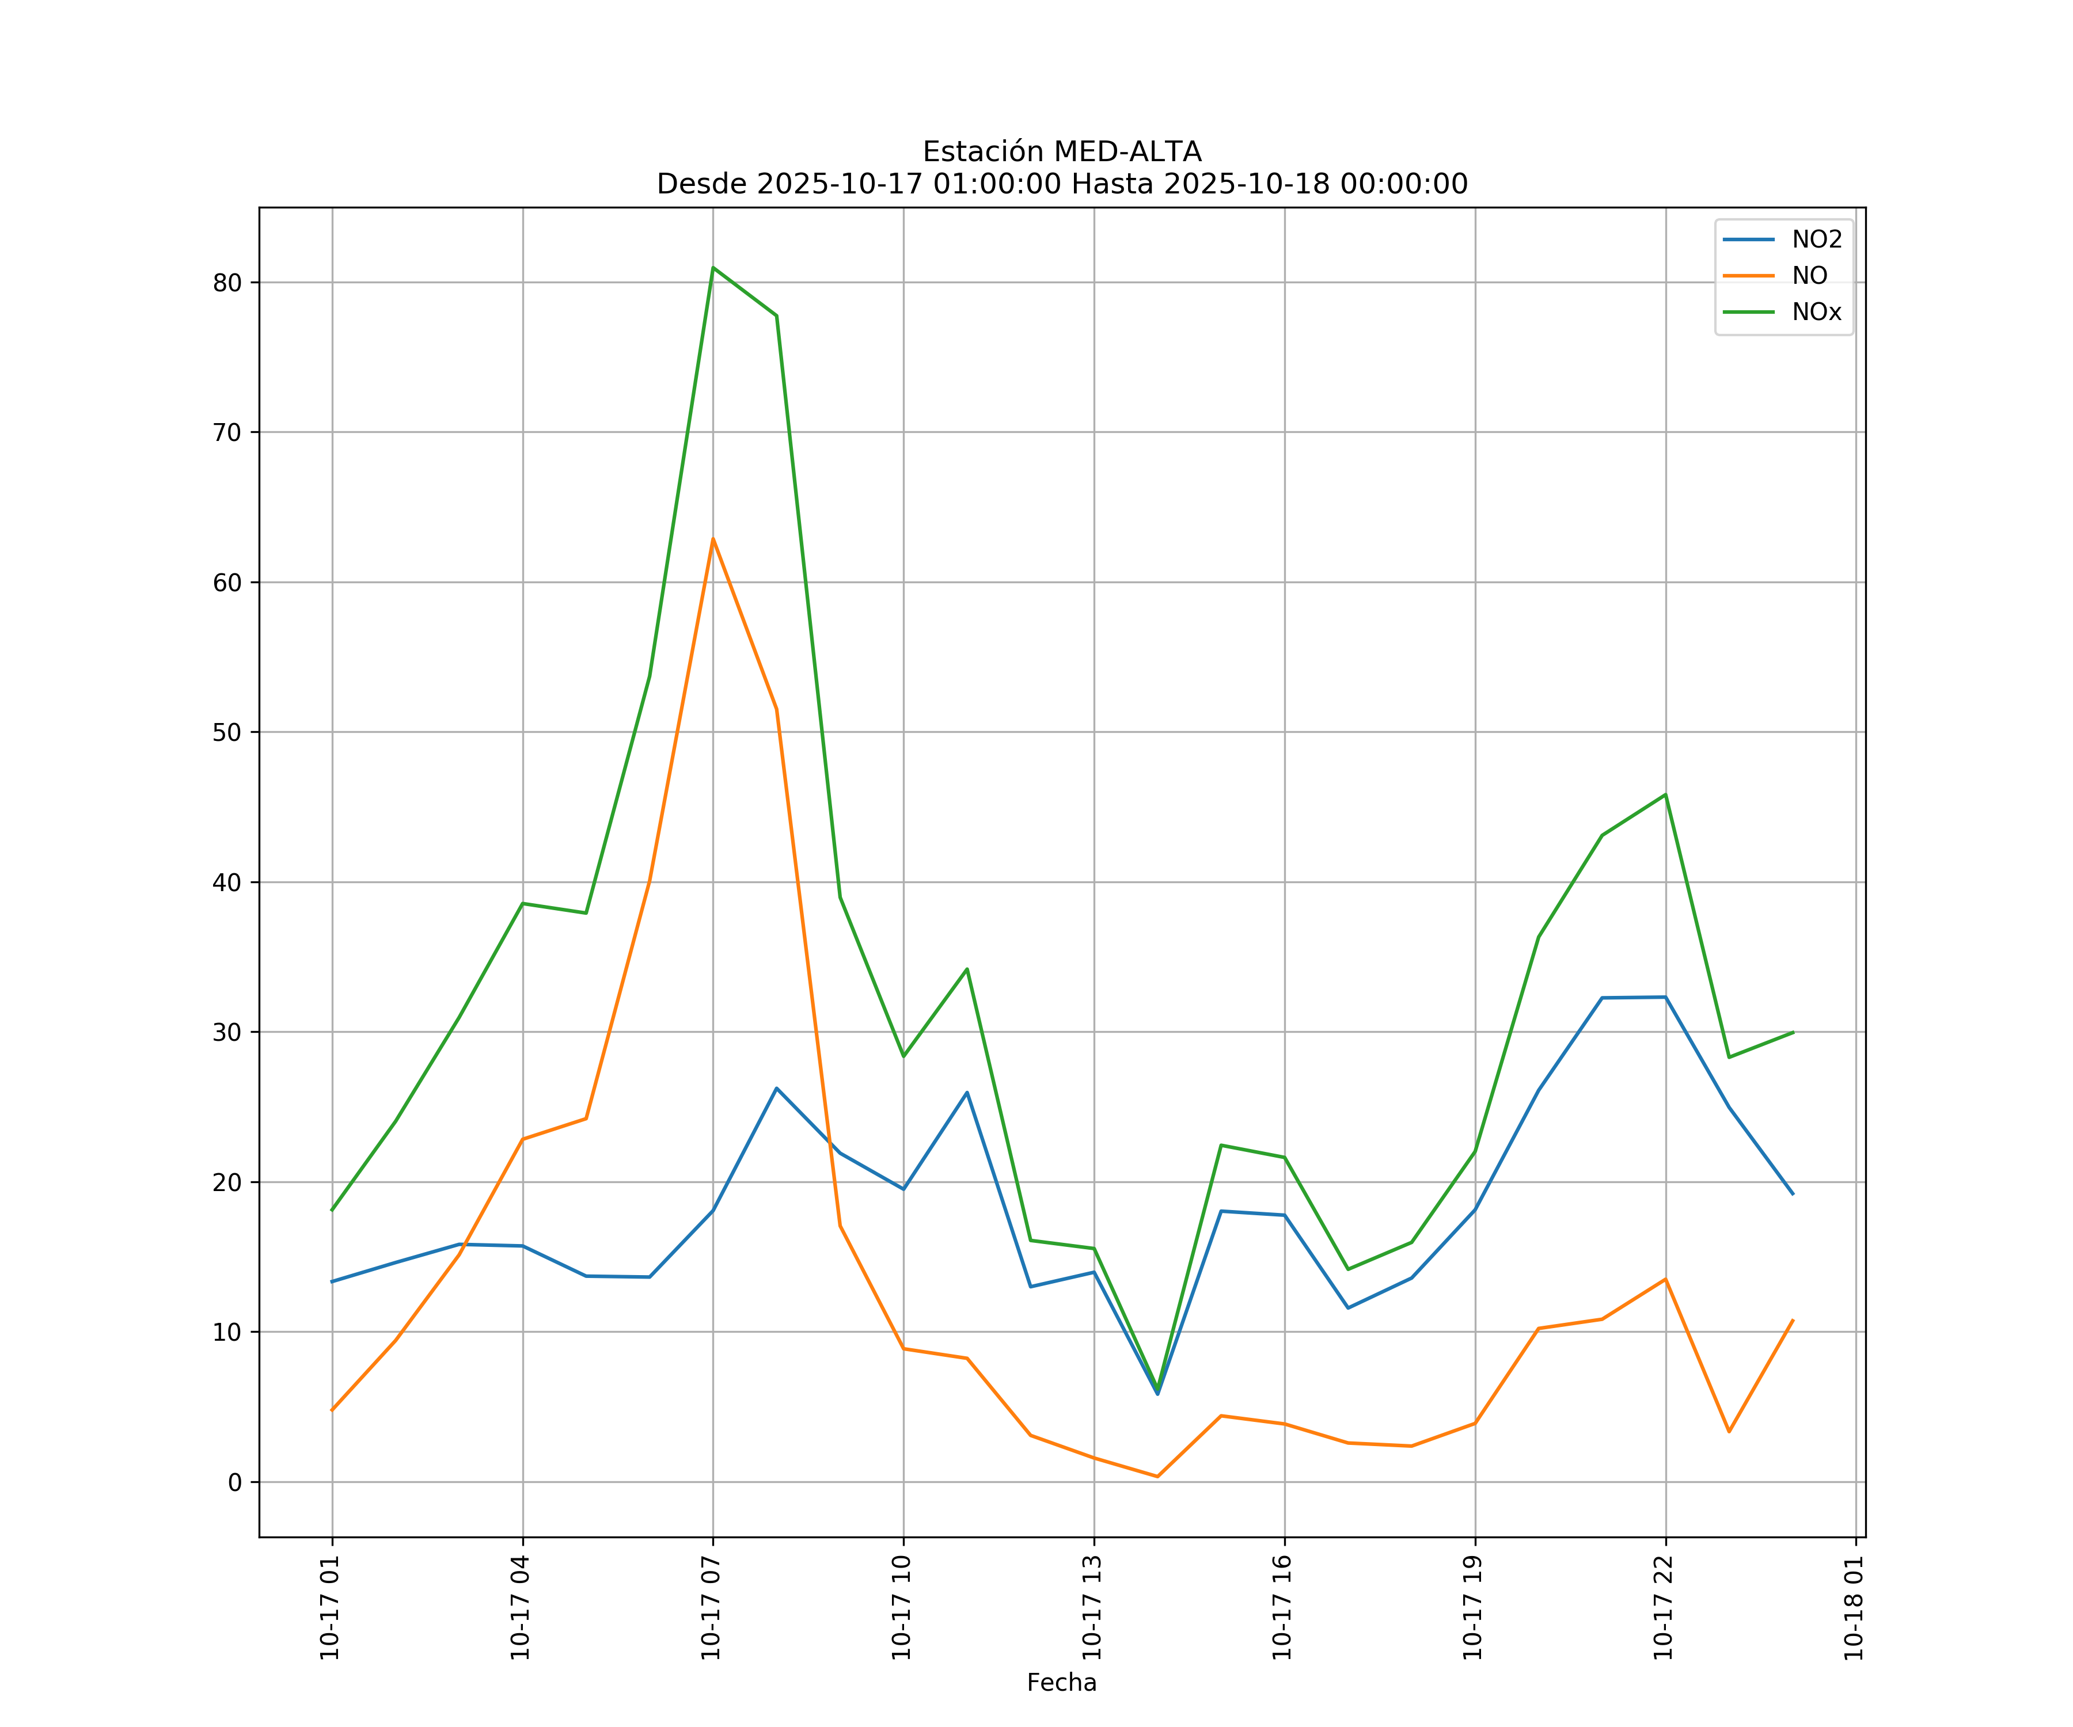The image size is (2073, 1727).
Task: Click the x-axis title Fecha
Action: (x=1061, y=1683)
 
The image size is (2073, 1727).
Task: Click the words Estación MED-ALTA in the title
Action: (x=1061, y=152)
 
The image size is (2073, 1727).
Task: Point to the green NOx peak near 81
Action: (x=713, y=268)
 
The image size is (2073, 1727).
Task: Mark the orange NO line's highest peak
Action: (x=713, y=539)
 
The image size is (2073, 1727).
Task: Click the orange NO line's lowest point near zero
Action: (x=1157, y=1477)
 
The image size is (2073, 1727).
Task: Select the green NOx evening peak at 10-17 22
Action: (x=1665, y=794)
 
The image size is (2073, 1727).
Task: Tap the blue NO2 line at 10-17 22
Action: (x=1665, y=996)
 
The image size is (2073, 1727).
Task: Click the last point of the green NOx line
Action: (x=1793, y=1032)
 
